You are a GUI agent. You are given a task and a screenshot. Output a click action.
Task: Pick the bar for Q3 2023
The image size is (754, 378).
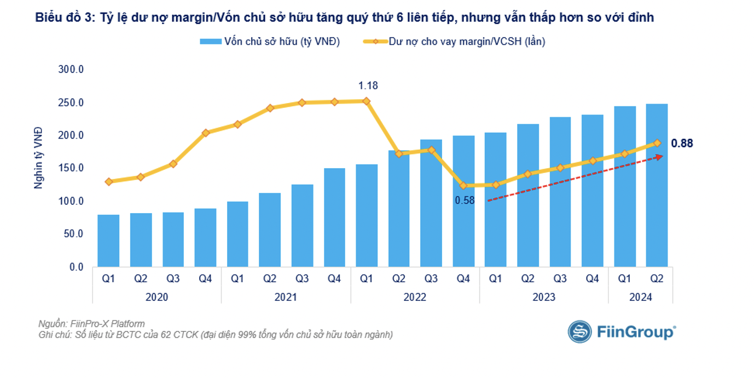560,192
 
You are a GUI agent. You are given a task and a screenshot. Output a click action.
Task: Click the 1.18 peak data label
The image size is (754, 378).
368,85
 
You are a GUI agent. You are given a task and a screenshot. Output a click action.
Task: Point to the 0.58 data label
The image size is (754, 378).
465,201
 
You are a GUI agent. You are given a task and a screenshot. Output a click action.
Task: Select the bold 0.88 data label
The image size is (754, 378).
682,144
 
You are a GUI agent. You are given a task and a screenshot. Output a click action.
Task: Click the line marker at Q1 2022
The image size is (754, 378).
367,101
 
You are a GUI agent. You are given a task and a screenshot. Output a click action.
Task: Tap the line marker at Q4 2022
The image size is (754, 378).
463,186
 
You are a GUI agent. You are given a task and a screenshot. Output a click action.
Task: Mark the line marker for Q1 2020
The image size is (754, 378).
108,181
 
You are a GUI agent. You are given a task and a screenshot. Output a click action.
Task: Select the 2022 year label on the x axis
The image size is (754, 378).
415,297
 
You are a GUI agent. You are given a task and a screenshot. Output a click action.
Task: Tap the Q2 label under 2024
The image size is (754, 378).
657,279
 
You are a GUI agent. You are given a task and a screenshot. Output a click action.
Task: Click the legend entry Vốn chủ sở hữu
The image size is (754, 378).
270,42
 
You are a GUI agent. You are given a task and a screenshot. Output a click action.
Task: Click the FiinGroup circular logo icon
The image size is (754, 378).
579,331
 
